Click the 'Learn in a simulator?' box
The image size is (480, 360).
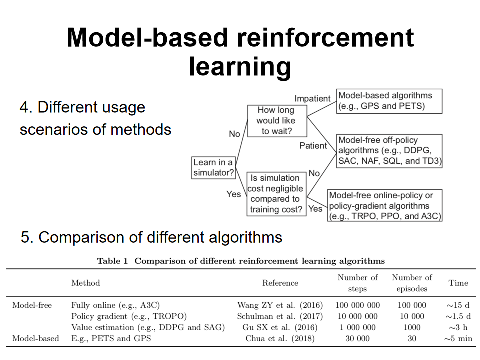pyautogui.click(x=214, y=168)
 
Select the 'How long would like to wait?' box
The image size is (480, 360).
pyautogui.click(x=276, y=121)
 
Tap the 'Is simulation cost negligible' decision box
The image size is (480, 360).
pyautogui.click(x=276, y=194)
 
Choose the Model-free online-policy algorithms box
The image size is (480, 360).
pyautogui.click(x=385, y=205)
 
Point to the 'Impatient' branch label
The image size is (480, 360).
pyautogui.click(x=312, y=98)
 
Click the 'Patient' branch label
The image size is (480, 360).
pyautogui.click(x=313, y=146)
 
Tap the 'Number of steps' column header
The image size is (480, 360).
pyautogui.click(x=357, y=283)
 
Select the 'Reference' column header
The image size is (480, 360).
pyautogui.click(x=280, y=283)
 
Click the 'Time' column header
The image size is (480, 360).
pyautogui.click(x=458, y=283)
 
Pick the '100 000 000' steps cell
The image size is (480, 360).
pyautogui.click(x=357, y=305)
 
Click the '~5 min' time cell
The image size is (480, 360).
pyautogui.click(x=458, y=338)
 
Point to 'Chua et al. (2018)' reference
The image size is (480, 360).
pyautogui.click(x=280, y=338)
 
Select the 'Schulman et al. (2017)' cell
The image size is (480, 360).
pyautogui.click(x=280, y=316)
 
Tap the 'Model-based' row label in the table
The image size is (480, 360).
pyautogui.click(x=36, y=338)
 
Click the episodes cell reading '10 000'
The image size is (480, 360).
pyautogui.click(x=412, y=316)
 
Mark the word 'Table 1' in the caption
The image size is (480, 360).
pyautogui.click(x=113, y=261)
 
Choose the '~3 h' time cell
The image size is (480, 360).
pyautogui.click(x=458, y=327)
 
